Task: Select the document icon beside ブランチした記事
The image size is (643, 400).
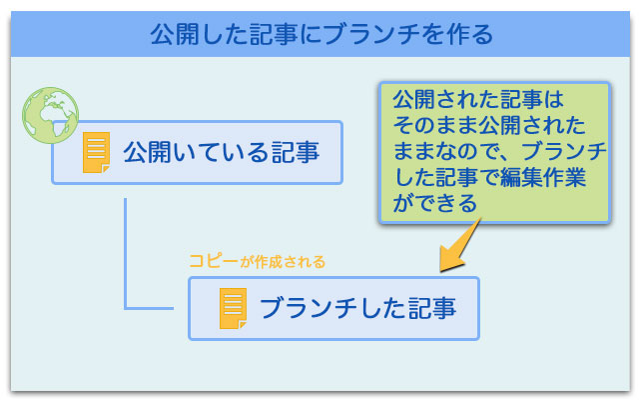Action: tap(233, 308)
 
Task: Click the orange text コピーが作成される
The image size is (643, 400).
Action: tap(257, 262)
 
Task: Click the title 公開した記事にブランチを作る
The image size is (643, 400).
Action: tap(321, 36)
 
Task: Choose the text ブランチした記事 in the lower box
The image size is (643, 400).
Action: tap(357, 308)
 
